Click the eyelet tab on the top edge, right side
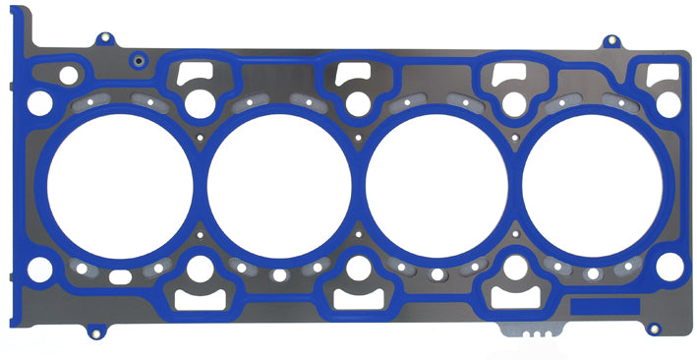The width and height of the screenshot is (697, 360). (x=610, y=41)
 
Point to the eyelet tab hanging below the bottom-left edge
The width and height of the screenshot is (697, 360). (x=94, y=330)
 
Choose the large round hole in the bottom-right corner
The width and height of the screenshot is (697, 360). (x=668, y=265)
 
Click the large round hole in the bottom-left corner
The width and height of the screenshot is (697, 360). (x=41, y=267)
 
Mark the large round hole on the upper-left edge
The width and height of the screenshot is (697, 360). (x=39, y=101)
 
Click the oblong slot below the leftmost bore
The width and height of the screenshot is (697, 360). (x=120, y=276)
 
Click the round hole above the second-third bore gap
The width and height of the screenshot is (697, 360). (x=357, y=100)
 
